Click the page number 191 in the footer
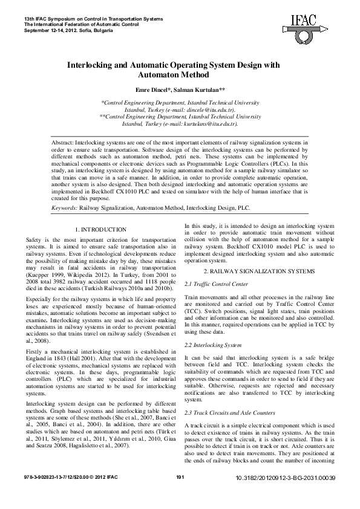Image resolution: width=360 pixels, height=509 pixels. tap(179, 493)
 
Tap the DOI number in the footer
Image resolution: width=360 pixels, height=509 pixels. tap(284, 494)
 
